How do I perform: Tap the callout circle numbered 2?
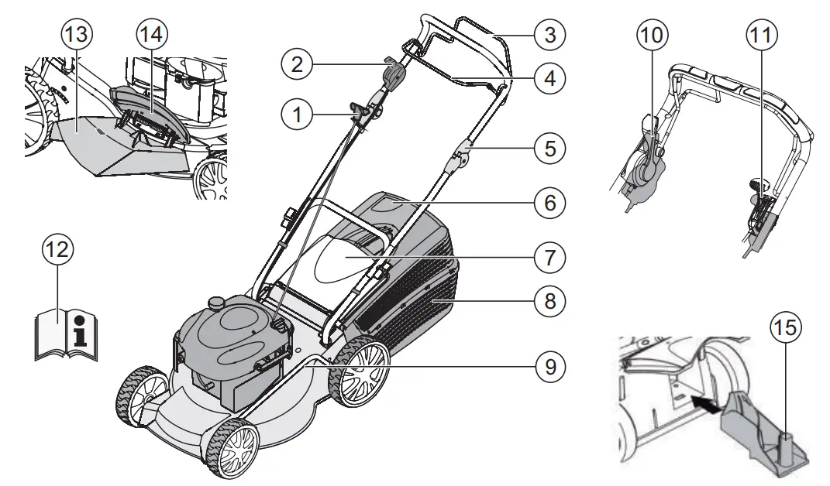pyautogui.click(x=296, y=65)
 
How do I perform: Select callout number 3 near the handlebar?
pyautogui.click(x=549, y=34)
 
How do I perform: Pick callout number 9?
pyautogui.click(x=549, y=364)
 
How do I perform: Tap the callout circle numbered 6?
pyautogui.click(x=549, y=204)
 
